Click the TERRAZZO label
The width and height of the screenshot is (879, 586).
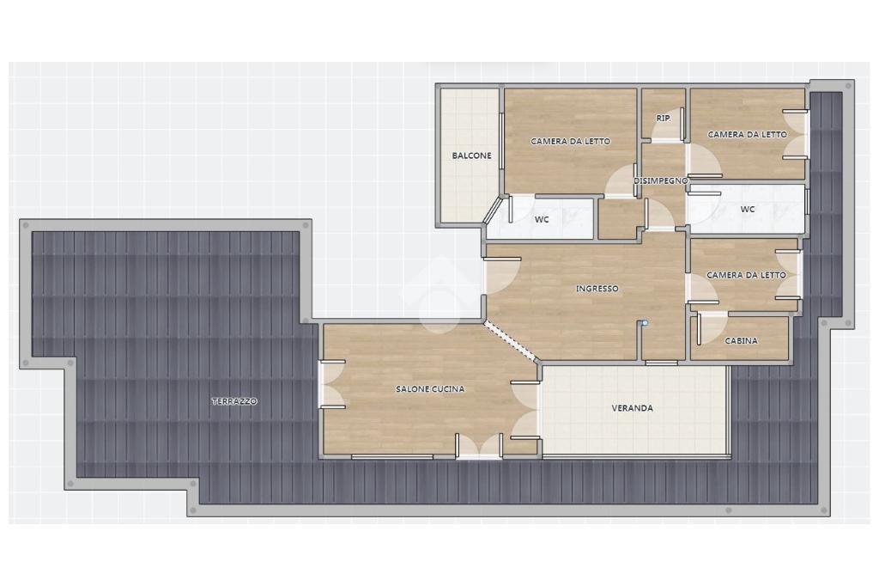pyautogui.click(x=234, y=401)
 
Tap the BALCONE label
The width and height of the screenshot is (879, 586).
pyautogui.click(x=471, y=156)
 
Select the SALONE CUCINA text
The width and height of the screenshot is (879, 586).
pyautogui.click(x=430, y=388)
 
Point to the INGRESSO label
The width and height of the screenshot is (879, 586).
pyautogui.click(x=597, y=289)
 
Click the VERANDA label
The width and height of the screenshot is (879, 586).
pyautogui.click(x=632, y=408)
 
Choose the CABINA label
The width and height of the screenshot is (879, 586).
pyautogui.click(x=741, y=341)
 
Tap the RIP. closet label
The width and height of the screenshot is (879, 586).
pyautogui.click(x=664, y=119)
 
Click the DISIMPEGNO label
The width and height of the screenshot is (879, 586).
pyautogui.click(x=660, y=180)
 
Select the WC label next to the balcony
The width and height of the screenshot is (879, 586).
pyautogui.click(x=542, y=219)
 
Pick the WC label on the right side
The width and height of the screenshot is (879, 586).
pyautogui.click(x=748, y=210)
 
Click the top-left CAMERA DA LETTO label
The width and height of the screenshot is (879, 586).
pyautogui.click(x=570, y=142)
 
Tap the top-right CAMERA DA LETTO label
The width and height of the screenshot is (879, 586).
pyautogui.click(x=748, y=135)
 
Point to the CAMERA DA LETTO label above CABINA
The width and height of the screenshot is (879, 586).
pyautogui.click(x=746, y=275)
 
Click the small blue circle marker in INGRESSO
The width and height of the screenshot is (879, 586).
pyautogui.click(x=646, y=323)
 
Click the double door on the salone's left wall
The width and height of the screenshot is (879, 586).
pyautogui.click(x=332, y=384)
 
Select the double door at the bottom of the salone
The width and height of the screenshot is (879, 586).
pyautogui.click(x=479, y=446)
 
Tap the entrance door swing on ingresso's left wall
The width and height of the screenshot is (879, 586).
pyautogui.click(x=503, y=276)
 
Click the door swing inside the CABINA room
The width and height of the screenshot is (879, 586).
pyautogui.click(x=712, y=328)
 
